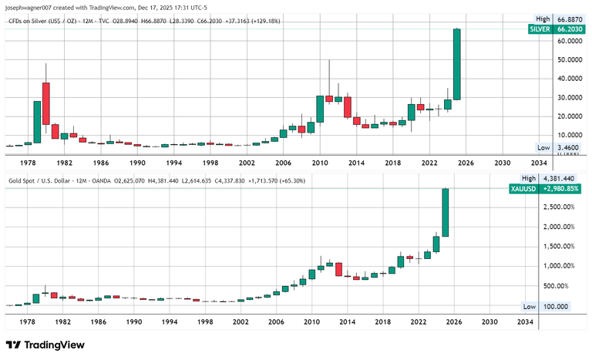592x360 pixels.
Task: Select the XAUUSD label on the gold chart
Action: pos(521,187)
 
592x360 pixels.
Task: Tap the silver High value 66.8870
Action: pos(569,19)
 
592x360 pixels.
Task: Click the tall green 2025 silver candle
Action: pos(456,64)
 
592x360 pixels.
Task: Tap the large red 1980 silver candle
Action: pos(46,103)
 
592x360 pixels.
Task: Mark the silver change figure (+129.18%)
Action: pos(263,22)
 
